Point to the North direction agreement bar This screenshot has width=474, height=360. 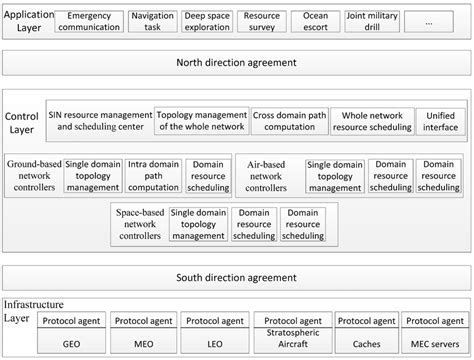point(237,63)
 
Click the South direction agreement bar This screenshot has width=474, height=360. point(237,278)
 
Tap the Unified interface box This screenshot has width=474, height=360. point(443,121)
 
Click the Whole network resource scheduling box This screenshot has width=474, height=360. point(372,121)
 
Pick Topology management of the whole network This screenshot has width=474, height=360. point(201,121)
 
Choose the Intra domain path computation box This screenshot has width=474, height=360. point(153,174)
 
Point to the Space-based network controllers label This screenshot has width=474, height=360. point(140,223)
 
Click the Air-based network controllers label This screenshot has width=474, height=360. point(266,174)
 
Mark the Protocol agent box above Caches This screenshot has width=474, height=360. point(364,321)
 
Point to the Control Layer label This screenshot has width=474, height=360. point(22,122)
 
